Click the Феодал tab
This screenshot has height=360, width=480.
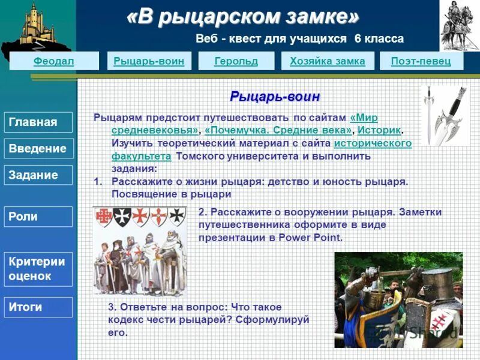tap(54, 61)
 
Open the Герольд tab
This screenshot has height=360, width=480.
tap(236, 61)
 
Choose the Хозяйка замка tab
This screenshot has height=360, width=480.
tap(327, 61)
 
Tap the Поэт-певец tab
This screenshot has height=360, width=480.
tap(421, 61)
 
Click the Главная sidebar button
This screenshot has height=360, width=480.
tap(38, 122)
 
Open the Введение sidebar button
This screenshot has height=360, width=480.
tap(38, 149)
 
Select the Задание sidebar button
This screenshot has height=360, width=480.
tap(38, 175)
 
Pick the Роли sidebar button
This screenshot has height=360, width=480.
tap(38, 217)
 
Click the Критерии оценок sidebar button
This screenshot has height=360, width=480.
tap(38, 269)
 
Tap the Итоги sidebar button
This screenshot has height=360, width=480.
tap(38, 307)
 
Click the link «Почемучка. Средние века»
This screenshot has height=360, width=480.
tap(278, 130)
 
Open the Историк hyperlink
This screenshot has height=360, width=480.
tap(379, 130)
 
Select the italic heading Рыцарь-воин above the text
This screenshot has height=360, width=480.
tap(275, 97)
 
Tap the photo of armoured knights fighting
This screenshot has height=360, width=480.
tap(398, 300)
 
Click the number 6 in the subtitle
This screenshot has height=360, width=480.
tap(358, 39)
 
